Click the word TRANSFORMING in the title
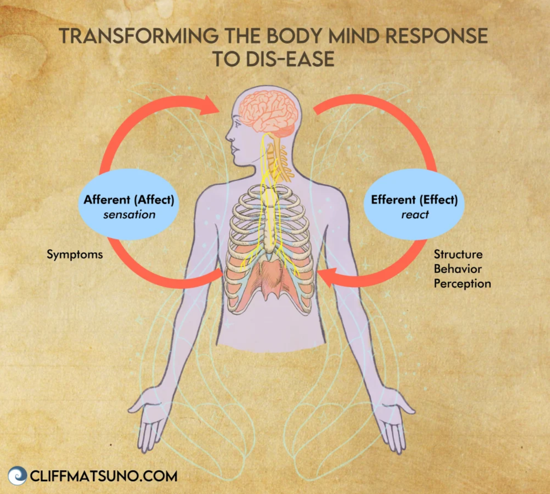(138, 36)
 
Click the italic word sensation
(129, 215)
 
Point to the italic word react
(415, 215)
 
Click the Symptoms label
(75, 254)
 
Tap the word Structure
(458, 254)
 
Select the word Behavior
(457, 269)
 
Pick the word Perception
(462, 284)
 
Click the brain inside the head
(267, 110)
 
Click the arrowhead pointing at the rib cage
(326, 277)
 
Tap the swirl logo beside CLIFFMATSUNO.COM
(17, 475)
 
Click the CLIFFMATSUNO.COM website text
(104, 476)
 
